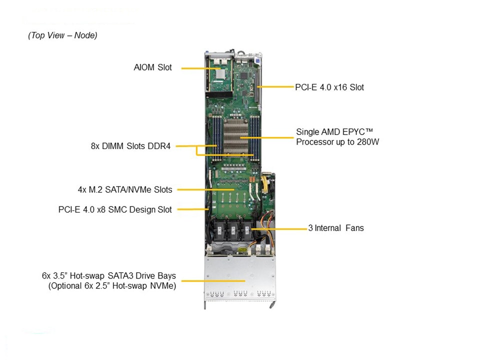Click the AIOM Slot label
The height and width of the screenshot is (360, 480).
tap(152, 67)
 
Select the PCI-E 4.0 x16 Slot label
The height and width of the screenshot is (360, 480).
tap(329, 87)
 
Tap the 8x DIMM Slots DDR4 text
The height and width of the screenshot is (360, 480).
tap(130, 146)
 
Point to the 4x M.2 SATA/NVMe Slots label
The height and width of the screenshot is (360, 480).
tap(124, 189)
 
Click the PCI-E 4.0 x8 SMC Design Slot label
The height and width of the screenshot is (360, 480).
tap(115, 209)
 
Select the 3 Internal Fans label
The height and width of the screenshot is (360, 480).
tap(335, 228)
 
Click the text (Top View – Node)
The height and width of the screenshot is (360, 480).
tap(62, 35)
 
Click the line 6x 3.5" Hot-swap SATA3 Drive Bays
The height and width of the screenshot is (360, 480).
tap(109, 275)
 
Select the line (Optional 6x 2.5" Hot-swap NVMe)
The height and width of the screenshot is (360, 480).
tap(112, 286)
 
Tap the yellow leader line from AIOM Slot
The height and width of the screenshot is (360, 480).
tap(195, 68)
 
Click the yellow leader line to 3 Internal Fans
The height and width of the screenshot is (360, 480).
tap(280, 229)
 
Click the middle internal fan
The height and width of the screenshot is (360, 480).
tap(232, 231)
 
